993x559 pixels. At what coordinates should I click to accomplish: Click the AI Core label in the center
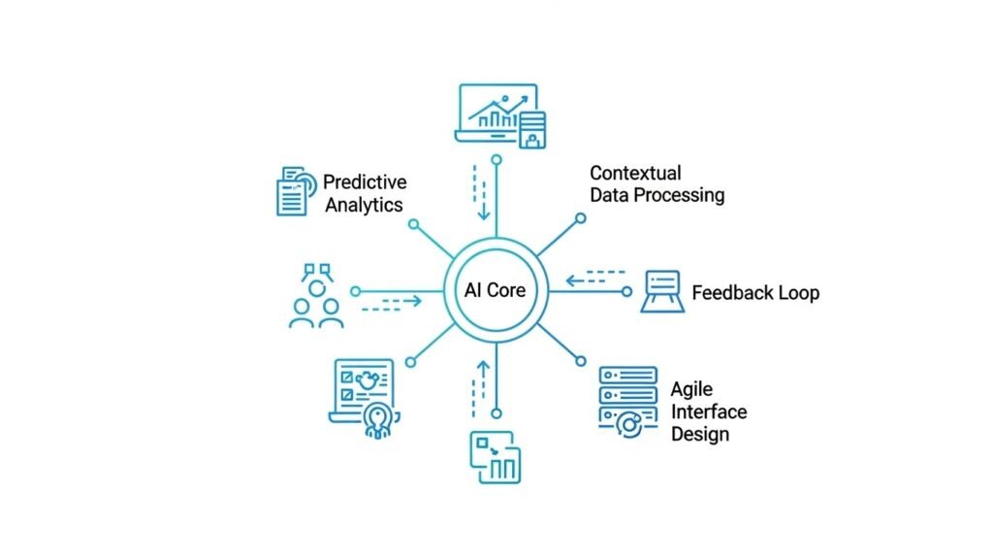pos(496,290)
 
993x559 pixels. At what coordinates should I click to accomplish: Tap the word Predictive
pos(365,182)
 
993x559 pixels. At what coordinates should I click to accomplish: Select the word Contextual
pos(635,173)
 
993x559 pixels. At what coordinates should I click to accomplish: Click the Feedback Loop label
pos(755,292)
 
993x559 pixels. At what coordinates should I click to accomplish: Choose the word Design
pos(699,434)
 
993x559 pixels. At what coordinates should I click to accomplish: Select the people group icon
pos(317,295)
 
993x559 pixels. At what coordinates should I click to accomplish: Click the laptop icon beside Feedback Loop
pos(664,291)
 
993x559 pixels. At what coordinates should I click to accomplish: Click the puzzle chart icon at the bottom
pos(496,456)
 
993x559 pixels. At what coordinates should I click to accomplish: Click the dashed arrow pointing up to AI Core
pos(476,385)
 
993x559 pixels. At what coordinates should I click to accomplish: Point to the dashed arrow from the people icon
pos(392,304)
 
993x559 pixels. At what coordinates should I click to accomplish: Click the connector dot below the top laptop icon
pos(496,159)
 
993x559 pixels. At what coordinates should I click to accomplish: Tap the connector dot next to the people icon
pos(356,290)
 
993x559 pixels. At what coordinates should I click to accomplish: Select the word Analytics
pos(364,205)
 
